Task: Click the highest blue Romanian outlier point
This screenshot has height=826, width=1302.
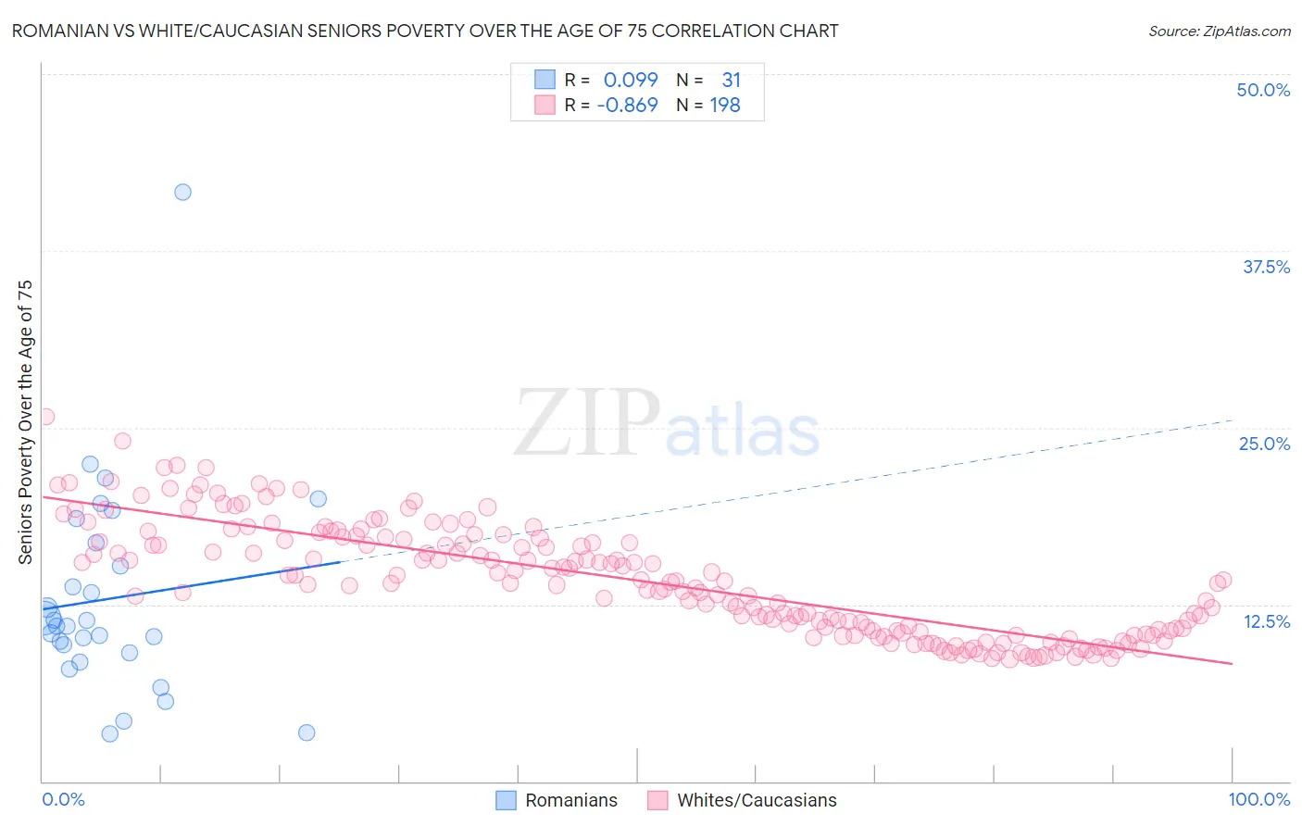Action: tap(183, 193)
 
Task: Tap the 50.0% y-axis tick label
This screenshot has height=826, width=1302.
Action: tap(1262, 90)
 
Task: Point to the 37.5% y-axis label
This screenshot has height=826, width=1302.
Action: tap(1265, 267)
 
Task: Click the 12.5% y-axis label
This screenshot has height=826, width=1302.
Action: tap(1265, 621)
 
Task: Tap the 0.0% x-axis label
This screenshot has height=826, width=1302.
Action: tap(63, 799)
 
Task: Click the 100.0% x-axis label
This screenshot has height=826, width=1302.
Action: tap(1258, 799)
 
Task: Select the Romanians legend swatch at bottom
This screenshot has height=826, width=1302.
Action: tap(506, 800)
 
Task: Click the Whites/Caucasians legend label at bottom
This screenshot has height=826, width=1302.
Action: tap(756, 800)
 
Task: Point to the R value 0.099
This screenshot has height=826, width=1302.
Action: tap(630, 80)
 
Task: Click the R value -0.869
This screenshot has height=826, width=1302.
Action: tap(627, 105)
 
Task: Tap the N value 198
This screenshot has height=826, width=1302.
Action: tap(724, 105)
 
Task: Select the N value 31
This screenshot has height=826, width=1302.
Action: tap(731, 80)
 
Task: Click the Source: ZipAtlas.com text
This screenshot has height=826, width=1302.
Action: tap(1219, 31)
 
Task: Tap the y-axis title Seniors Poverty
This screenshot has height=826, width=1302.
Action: tap(25, 421)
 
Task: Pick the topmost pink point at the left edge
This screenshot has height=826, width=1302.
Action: tap(45, 417)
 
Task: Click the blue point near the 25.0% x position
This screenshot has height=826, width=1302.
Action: tap(319, 499)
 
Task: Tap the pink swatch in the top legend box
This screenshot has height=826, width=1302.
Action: tap(545, 105)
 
